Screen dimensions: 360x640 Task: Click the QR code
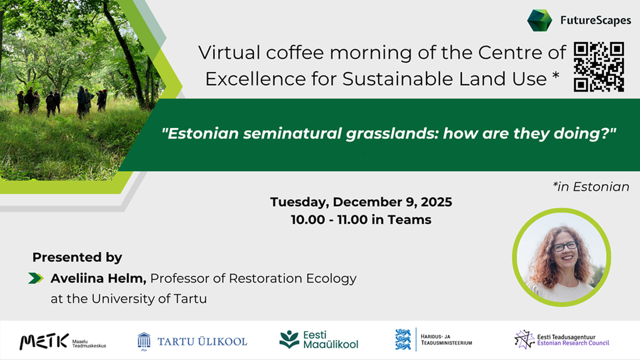(599, 67)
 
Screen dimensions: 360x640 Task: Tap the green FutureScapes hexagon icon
(540, 20)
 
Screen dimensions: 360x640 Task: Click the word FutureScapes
(596, 21)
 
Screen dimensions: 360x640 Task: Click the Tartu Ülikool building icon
(144, 340)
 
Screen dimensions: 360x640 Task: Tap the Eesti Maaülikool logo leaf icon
(289, 339)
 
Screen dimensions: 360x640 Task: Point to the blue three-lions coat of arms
(403, 339)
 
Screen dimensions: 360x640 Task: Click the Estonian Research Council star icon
(524, 339)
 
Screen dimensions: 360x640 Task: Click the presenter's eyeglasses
(564, 246)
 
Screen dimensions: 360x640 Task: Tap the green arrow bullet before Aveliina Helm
(36, 278)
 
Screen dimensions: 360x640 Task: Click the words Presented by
(77, 257)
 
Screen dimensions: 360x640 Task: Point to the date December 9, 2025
(392, 202)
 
